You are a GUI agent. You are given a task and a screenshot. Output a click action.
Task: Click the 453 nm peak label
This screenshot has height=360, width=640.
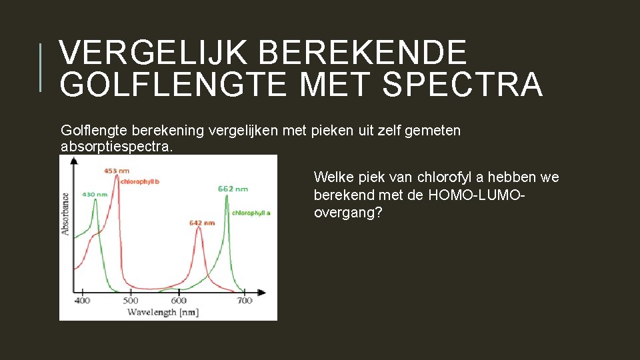(117, 171)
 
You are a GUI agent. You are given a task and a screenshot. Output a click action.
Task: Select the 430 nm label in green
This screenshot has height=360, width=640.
(95, 194)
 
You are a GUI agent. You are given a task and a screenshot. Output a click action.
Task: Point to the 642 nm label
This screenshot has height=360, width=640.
(202, 222)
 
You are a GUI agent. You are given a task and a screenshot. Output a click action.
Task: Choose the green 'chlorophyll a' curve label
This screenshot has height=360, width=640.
(251, 213)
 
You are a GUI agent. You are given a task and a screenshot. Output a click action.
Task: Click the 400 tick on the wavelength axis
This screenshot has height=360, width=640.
(82, 301)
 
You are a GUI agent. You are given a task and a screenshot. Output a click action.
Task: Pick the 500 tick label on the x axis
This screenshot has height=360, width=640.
(131, 301)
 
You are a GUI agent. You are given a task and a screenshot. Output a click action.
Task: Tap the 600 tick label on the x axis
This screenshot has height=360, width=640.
(179, 301)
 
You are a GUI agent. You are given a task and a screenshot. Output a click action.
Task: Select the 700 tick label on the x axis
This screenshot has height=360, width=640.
(245, 301)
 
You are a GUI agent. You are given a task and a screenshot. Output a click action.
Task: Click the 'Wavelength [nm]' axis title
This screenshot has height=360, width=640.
(163, 311)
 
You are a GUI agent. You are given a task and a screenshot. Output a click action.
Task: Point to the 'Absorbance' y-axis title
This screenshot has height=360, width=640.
(65, 213)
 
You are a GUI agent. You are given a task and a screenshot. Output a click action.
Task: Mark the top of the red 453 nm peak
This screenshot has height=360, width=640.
(117, 177)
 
